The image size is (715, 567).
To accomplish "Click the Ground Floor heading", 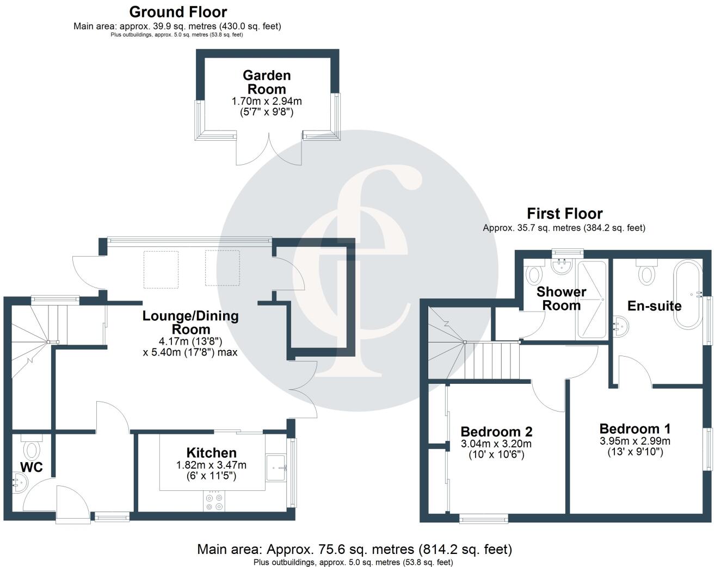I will [178, 11].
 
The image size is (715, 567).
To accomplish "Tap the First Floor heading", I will [564, 214].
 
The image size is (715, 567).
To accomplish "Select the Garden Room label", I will [267, 82].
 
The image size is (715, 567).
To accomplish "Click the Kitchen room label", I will [211, 453].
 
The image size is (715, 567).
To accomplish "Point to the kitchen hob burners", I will [213, 501].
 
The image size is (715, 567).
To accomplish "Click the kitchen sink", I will [276, 467].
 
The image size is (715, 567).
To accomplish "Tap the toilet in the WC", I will [32, 450].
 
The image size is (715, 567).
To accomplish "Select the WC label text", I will [31, 467].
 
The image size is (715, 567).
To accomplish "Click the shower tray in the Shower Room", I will [590, 300].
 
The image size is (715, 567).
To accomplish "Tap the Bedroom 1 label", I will [634, 429].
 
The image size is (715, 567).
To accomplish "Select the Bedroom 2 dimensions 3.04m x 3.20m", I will [496, 444].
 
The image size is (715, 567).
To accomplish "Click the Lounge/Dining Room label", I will [190, 322].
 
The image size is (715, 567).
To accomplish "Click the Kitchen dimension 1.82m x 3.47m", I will [211, 465].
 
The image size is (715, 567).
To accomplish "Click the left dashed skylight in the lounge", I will [161, 269].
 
